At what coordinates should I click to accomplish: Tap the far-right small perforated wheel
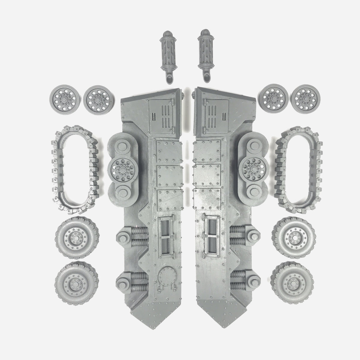click(305, 98)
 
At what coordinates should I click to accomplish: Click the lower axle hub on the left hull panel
click(123, 283)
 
